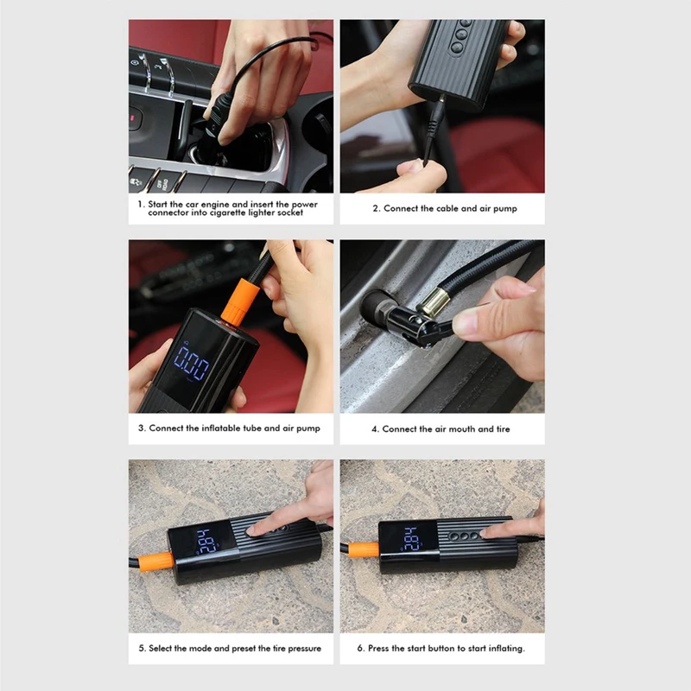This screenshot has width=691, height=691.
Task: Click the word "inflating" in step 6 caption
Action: pyautogui.click(x=505, y=649)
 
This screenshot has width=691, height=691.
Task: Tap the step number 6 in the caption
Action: pyautogui.click(x=360, y=649)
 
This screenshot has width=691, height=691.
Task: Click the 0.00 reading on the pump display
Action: pyautogui.click(x=192, y=363)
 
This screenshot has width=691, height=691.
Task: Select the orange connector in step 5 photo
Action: pyautogui.click(x=156, y=561)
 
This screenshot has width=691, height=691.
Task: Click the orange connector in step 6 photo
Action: pyautogui.click(x=364, y=550)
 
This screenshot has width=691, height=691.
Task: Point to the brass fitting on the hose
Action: pyautogui.click(x=434, y=301)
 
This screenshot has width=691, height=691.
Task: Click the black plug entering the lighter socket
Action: pyautogui.click(x=219, y=115)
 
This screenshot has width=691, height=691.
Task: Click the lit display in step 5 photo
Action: pyautogui.click(x=206, y=542)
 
